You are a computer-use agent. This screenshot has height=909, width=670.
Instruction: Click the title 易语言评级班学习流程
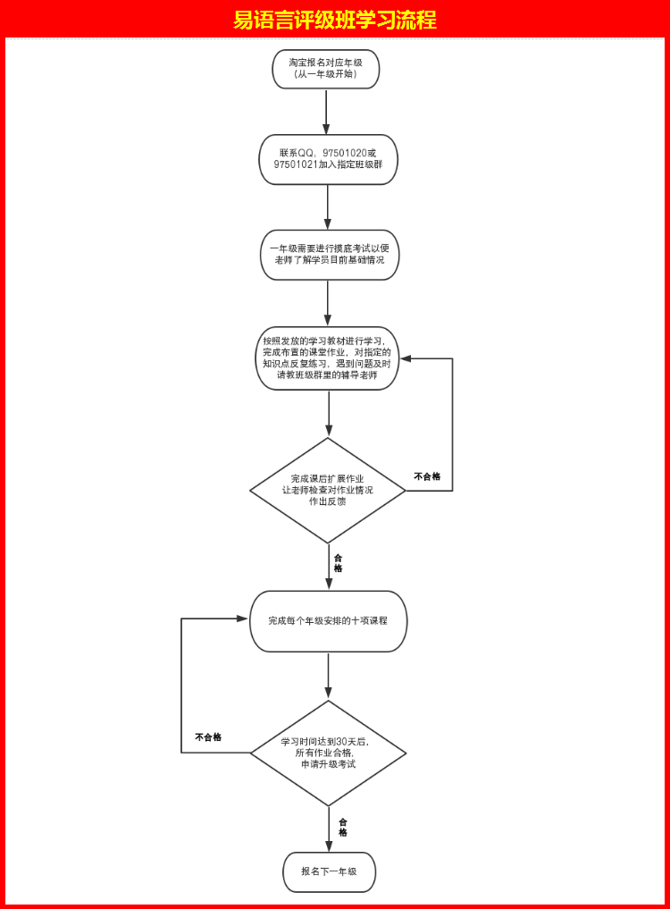(x=335, y=20)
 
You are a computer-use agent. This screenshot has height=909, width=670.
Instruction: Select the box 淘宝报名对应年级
(x=326, y=69)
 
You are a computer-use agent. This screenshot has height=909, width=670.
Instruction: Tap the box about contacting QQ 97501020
(x=328, y=159)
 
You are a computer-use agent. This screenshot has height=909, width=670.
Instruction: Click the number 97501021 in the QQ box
(x=296, y=165)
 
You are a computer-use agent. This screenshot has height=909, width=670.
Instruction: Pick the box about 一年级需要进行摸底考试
(x=329, y=254)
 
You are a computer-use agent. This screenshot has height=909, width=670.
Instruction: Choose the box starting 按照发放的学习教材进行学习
(x=327, y=358)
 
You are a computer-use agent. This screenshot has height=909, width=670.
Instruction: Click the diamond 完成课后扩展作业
(x=328, y=490)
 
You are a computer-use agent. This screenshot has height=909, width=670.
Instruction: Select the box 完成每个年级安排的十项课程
(x=328, y=620)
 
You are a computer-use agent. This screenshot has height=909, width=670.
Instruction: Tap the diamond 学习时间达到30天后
(x=328, y=753)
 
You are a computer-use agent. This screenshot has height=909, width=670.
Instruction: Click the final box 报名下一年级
(x=329, y=871)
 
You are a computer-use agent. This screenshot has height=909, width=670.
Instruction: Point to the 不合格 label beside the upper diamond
(x=427, y=476)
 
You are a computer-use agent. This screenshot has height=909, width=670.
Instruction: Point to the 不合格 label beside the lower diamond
(x=208, y=737)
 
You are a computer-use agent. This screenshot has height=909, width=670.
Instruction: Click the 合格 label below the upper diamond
(x=338, y=563)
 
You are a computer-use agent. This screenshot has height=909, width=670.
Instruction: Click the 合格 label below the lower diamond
(x=343, y=827)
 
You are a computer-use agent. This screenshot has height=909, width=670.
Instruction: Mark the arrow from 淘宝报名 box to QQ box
(x=326, y=111)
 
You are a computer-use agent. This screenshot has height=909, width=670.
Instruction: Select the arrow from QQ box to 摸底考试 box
(x=328, y=206)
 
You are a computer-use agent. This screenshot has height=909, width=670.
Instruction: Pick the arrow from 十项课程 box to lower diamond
(x=328, y=675)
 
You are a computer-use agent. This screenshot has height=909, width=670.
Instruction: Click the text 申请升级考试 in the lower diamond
(x=328, y=764)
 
